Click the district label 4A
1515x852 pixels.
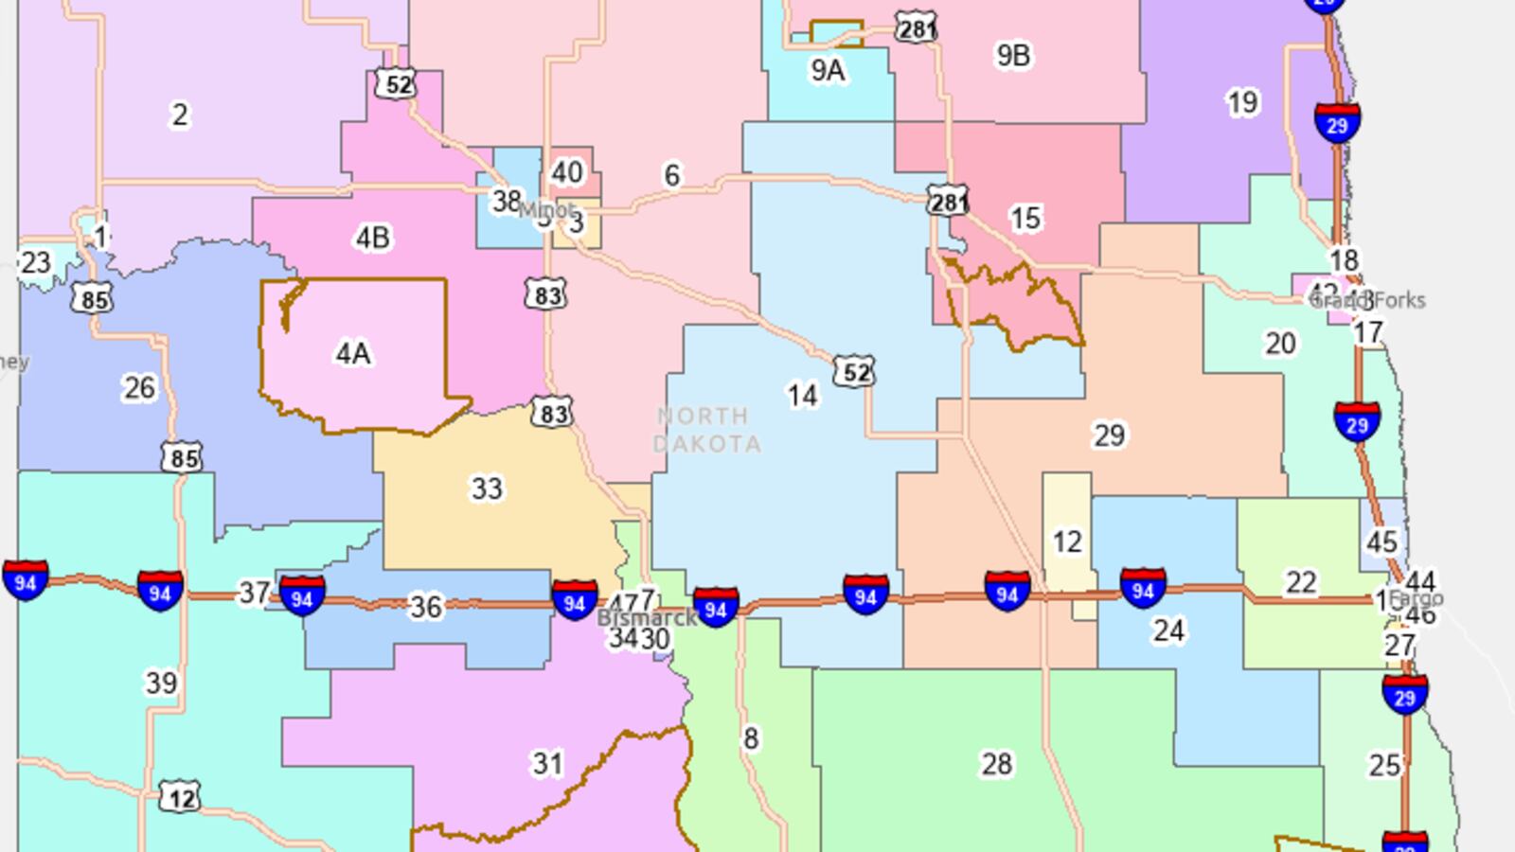pos(352,354)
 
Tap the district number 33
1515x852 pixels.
pos(487,488)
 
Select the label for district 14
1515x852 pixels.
pos(802,395)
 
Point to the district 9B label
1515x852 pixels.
pos(1012,56)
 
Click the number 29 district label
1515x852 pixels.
pos(1109,435)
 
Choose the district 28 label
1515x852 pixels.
pos(996,763)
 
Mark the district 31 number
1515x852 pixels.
pos(547,763)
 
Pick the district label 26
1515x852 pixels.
pos(139,387)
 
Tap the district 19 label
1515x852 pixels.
pos(1241,102)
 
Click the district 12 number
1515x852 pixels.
pos(1067,541)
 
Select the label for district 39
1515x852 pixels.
pos(161,683)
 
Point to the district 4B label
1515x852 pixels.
pos(372,238)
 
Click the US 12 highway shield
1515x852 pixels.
pos(179,797)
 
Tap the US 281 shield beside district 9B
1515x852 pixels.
pos(917,27)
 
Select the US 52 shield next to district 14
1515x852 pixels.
pos(854,371)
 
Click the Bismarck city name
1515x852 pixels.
pos(648,618)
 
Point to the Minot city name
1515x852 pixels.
pos(546,209)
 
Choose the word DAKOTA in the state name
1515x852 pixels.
pos(707,444)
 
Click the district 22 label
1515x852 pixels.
pos(1301,582)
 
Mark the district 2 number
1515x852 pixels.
pos(180,115)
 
